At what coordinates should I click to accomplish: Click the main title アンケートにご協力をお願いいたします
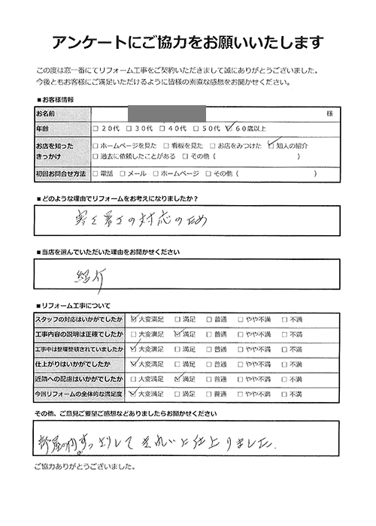(188, 41)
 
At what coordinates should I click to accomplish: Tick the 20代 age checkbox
(96, 128)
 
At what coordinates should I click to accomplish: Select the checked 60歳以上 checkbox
(231, 128)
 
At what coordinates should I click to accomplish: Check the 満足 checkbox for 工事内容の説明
(177, 333)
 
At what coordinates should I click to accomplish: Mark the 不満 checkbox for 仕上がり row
(285, 363)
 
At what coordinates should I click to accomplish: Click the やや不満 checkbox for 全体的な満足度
(241, 393)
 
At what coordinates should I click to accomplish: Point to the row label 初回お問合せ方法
(60, 174)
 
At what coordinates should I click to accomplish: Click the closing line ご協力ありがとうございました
(84, 467)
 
